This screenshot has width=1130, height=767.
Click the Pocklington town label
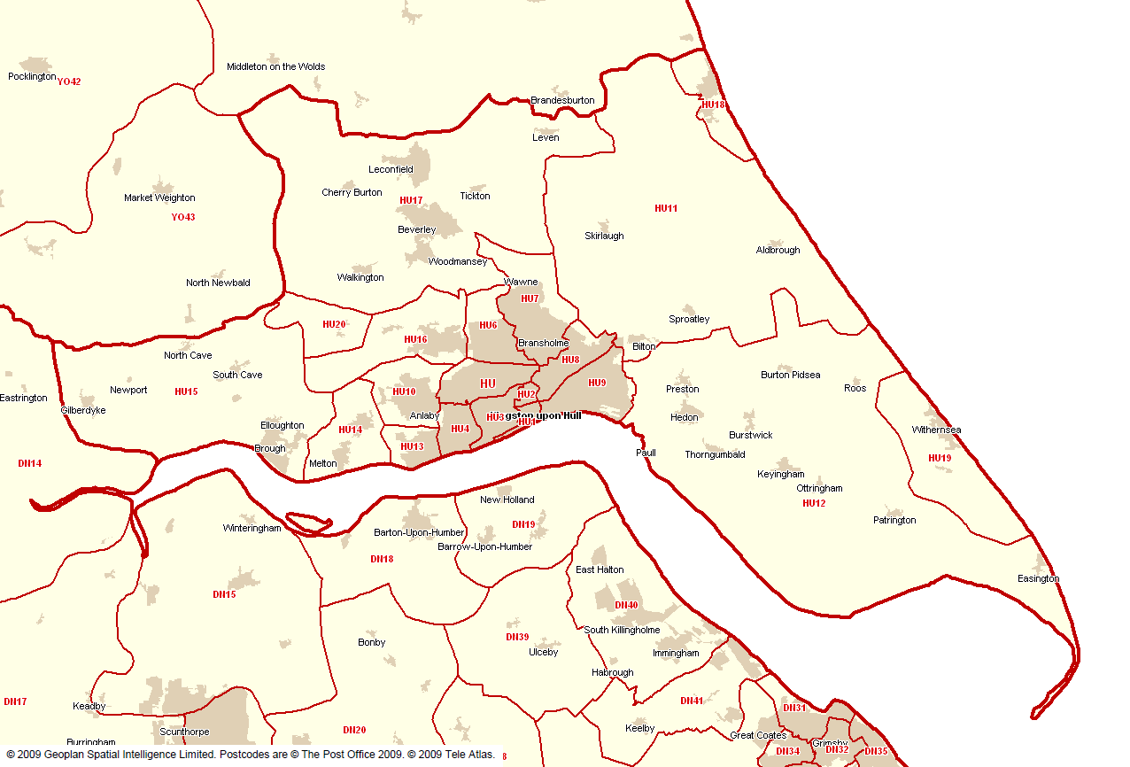(x=32, y=77)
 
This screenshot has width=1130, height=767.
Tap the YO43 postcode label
(x=183, y=217)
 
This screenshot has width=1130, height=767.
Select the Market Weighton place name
(x=159, y=198)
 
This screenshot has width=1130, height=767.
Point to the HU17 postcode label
(x=411, y=200)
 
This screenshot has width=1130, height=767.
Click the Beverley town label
(x=416, y=230)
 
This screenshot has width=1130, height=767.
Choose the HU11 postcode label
(x=666, y=209)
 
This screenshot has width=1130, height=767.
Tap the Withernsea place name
(x=936, y=430)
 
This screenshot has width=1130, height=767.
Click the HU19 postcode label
(x=940, y=459)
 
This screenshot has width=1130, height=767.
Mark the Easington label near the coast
(x=1038, y=579)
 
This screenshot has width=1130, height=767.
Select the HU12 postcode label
(x=814, y=504)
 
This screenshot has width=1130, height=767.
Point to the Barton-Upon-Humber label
(x=419, y=533)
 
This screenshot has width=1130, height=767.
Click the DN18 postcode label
(x=382, y=560)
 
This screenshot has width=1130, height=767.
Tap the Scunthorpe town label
(x=184, y=732)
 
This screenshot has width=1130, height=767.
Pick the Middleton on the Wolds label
(x=275, y=67)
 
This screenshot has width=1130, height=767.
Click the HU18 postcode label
(x=713, y=105)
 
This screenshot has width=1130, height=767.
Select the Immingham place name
(x=676, y=654)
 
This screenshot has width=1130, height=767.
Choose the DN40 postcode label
(x=626, y=606)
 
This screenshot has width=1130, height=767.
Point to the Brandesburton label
(x=562, y=101)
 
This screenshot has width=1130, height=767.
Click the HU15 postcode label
(x=186, y=391)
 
